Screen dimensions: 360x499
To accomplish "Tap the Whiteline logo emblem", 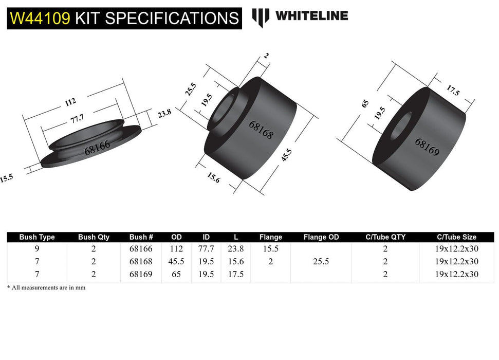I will [x=261, y=17].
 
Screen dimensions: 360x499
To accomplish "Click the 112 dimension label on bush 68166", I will [x=70, y=102].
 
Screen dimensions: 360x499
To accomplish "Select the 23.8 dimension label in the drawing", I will [x=164, y=114].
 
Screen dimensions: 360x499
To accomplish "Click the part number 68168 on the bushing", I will [x=261, y=131].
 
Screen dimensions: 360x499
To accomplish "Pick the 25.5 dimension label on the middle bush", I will [x=191, y=89].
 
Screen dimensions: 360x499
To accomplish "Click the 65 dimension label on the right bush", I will [x=365, y=103].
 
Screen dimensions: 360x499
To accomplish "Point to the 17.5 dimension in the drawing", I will [x=452, y=91].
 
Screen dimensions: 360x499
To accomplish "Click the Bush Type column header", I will [x=37, y=237].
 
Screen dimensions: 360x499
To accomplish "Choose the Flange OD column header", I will [x=321, y=237].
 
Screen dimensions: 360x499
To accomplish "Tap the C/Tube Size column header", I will [x=457, y=237].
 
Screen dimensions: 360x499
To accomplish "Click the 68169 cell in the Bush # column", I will [x=141, y=274].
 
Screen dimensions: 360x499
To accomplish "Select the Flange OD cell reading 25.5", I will [x=321, y=261].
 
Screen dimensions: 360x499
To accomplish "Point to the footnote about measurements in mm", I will [x=46, y=288].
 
